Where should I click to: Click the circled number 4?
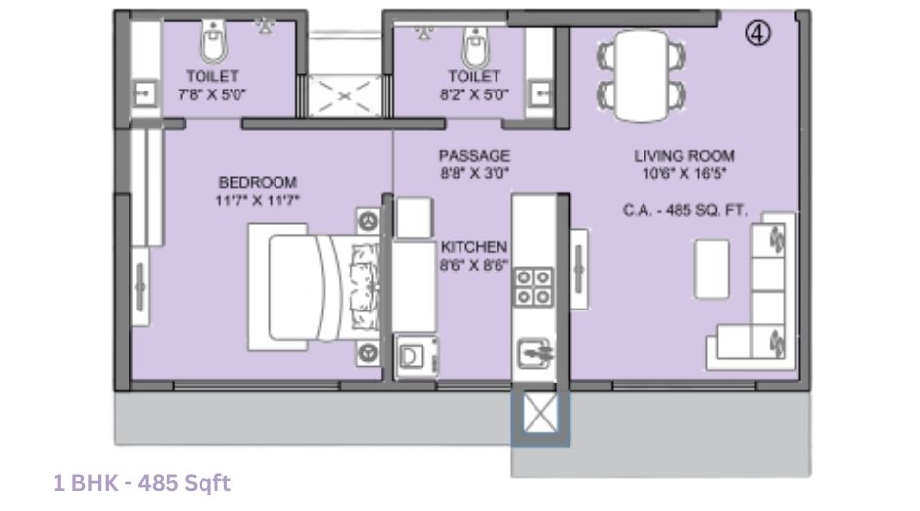[758, 33]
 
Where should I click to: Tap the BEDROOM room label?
[257, 182]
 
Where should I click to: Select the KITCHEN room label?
[474, 247]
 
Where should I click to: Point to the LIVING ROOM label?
[684, 156]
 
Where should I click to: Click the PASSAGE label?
[474, 156]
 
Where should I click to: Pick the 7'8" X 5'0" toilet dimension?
[212, 94]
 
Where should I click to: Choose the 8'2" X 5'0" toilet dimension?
[474, 94]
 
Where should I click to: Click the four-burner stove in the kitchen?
[534, 286]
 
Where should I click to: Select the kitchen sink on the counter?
[534, 349]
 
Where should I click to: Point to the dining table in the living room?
[640, 72]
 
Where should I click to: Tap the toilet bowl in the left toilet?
[212, 41]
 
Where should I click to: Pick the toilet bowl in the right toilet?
[476, 43]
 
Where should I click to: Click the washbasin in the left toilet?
[144, 94]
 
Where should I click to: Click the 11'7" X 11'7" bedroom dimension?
[257, 200]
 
